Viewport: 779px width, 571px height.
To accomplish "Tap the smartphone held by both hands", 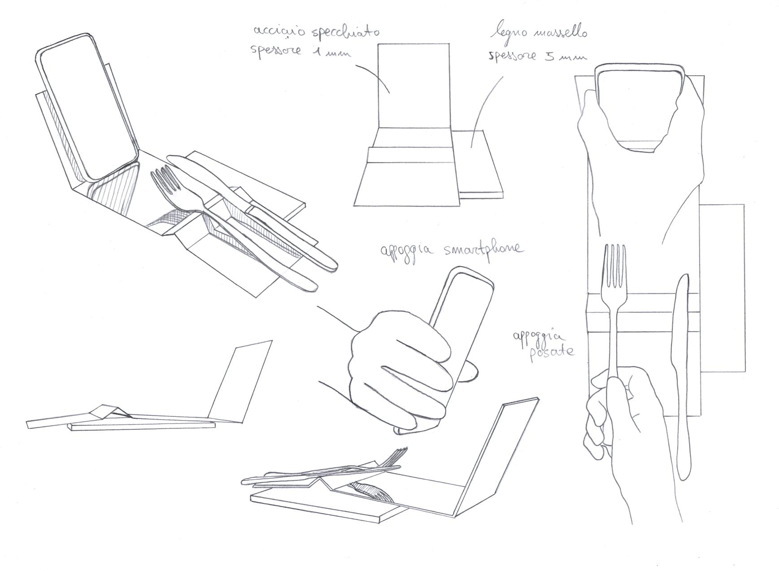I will click(x=639, y=108).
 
